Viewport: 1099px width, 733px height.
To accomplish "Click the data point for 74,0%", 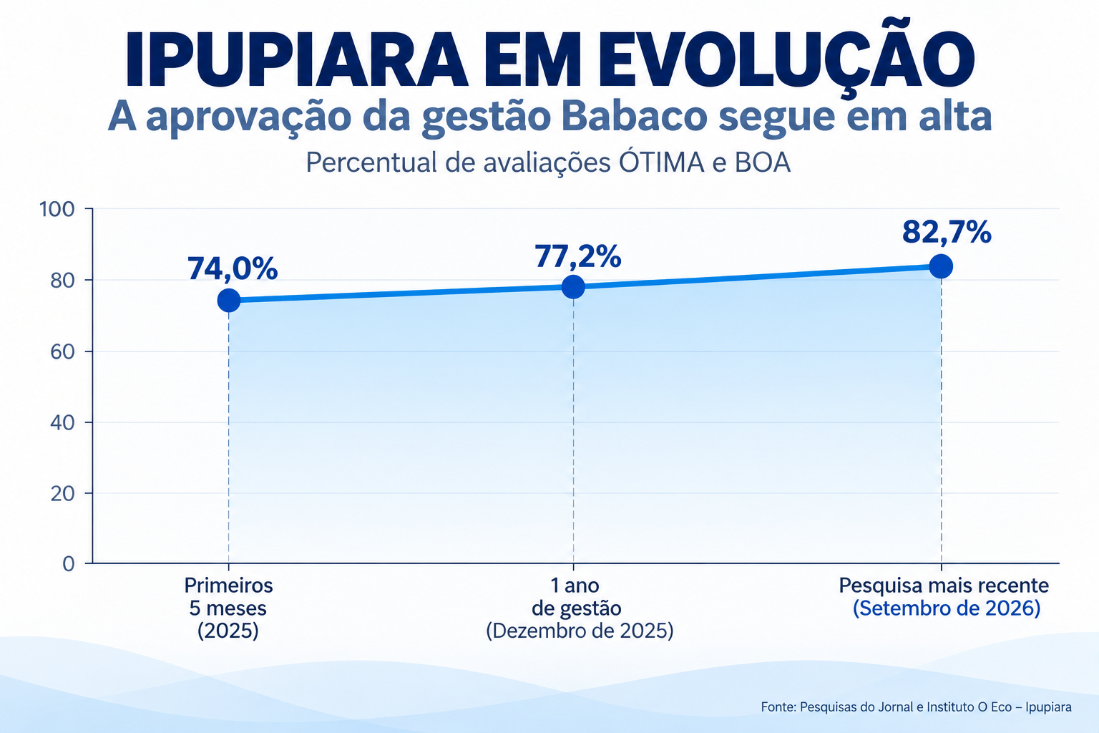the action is (x=229, y=300).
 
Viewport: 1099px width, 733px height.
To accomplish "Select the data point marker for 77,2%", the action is (x=573, y=287).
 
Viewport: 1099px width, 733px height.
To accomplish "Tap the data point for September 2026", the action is (x=941, y=266).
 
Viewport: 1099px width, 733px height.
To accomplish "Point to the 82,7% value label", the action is (x=947, y=232).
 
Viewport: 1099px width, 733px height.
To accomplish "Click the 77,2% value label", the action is (x=578, y=256).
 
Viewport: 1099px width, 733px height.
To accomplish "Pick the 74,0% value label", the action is (x=233, y=268).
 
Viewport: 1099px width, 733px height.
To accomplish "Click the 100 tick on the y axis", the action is (x=57, y=209).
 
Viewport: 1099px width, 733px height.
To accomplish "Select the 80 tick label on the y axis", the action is (x=62, y=281).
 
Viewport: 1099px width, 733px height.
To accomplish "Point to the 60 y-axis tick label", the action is (x=62, y=351).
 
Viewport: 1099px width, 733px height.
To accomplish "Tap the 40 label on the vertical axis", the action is (x=62, y=423).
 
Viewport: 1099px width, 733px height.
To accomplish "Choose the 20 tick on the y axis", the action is (x=62, y=493).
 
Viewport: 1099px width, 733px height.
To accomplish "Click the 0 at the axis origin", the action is (x=69, y=564).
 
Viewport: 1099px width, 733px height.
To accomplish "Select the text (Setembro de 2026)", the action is (x=947, y=608).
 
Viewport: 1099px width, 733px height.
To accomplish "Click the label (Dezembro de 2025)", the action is (x=580, y=631).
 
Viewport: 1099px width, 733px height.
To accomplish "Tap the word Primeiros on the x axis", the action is (x=229, y=586).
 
